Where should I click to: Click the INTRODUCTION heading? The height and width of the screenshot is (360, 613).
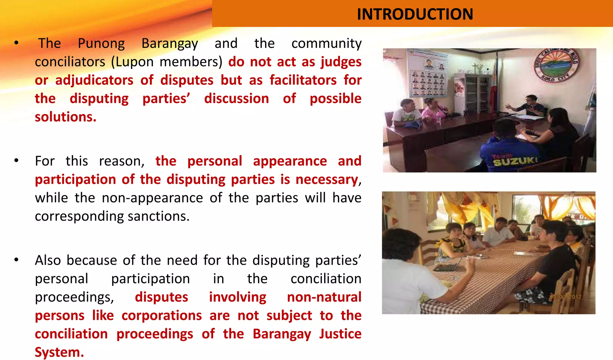[x=415, y=14]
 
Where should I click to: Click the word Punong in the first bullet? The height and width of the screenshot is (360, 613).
[x=101, y=43]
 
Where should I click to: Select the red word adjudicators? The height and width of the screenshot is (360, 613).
[x=94, y=80]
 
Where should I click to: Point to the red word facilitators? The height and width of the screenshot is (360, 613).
[x=303, y=80]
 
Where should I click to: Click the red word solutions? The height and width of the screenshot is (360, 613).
[x=65, y=117]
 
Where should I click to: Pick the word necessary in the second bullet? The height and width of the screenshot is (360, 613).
[x=327, y=180]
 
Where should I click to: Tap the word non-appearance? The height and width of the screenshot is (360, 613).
[x=152, y=198]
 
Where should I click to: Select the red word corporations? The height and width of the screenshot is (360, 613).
[x=162, y=316]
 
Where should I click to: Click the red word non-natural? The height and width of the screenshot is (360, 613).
[x=324, y=297]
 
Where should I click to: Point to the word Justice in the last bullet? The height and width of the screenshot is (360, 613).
[x=340, y=334]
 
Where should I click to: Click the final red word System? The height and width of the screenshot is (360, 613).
[x=59, y=352]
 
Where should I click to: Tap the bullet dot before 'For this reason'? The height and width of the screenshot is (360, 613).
[x=16, y=161]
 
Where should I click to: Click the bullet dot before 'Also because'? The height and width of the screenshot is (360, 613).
[x=16, y=260]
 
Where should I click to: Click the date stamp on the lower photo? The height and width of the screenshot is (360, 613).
[x=565, y=297]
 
